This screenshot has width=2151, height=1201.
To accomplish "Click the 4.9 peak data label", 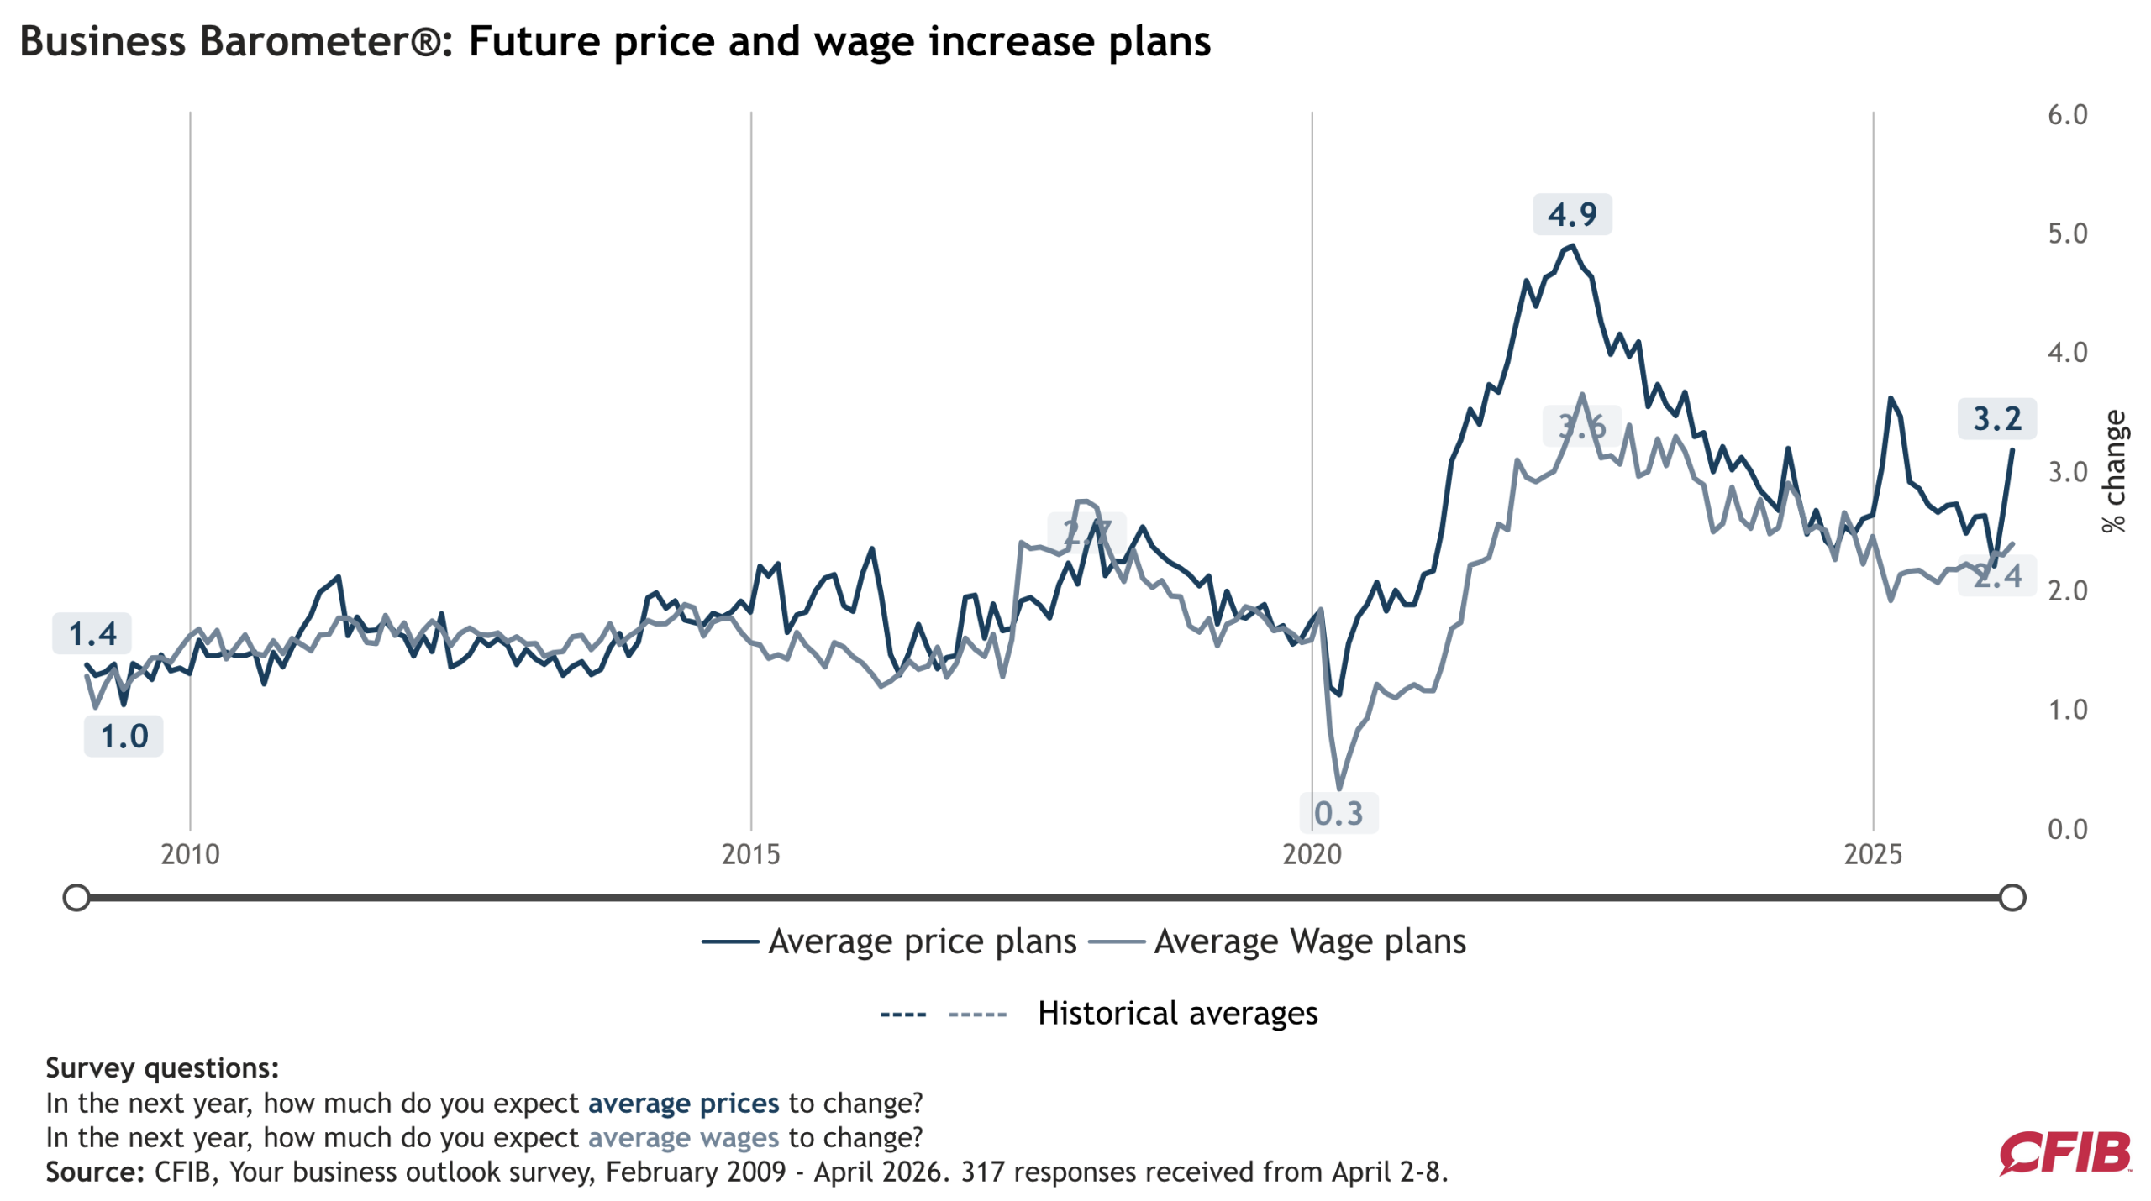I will [x=1571, y=214].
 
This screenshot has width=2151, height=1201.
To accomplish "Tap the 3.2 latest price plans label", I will [x=1996, y=418].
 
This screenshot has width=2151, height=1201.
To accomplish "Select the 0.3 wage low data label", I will [x=1338, y=813].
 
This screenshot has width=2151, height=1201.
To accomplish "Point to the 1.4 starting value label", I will [x=92, y=634].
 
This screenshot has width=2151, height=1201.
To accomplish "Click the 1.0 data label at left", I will [x=124, y=737].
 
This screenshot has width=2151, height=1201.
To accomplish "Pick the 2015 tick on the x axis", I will [x=750, y=854].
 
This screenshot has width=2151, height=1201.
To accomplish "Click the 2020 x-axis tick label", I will [x=1312, y=854].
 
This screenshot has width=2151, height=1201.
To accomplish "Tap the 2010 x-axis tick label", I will [x=190, y=854].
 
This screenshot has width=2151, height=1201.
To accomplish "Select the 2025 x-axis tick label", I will [x=1872, y=854].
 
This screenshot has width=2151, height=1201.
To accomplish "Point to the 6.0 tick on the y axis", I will [x=2067, y=115].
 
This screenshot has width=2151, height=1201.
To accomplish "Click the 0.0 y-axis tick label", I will [x=2067, y=830].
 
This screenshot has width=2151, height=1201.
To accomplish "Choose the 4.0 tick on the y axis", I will [x=2067, y=353].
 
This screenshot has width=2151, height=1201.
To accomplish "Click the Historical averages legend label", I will [x=1176, y=1013].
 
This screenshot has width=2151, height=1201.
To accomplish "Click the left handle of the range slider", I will [x=76, y=897].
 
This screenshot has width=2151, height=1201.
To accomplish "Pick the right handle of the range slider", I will [x=2012, y=897].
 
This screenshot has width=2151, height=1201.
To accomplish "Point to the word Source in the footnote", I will [x=92, y=1172].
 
